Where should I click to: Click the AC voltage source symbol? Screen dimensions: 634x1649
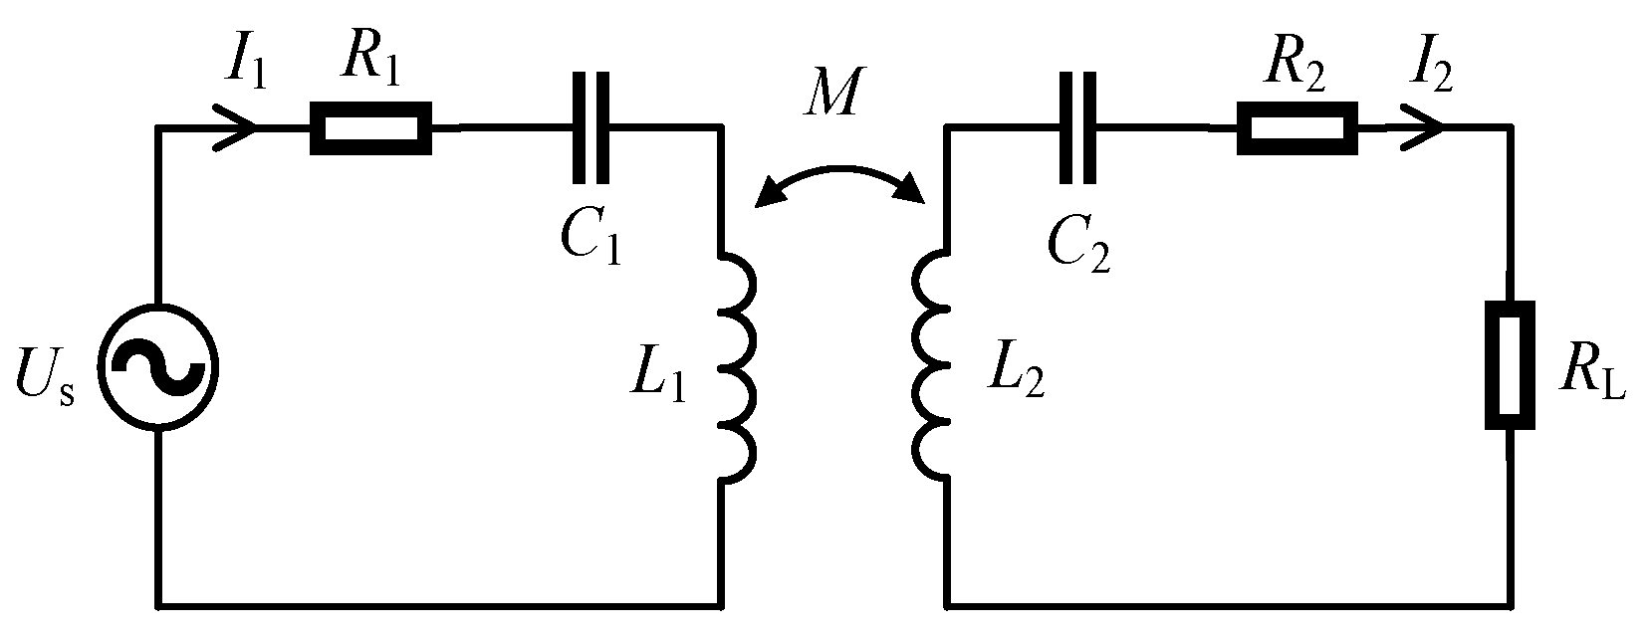pos(158,367)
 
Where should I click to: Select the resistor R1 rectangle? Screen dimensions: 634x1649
pos(370,129)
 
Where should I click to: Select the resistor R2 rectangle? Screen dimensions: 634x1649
pos(1296,129)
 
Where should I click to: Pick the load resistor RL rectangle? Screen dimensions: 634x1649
pos(1510,365)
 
